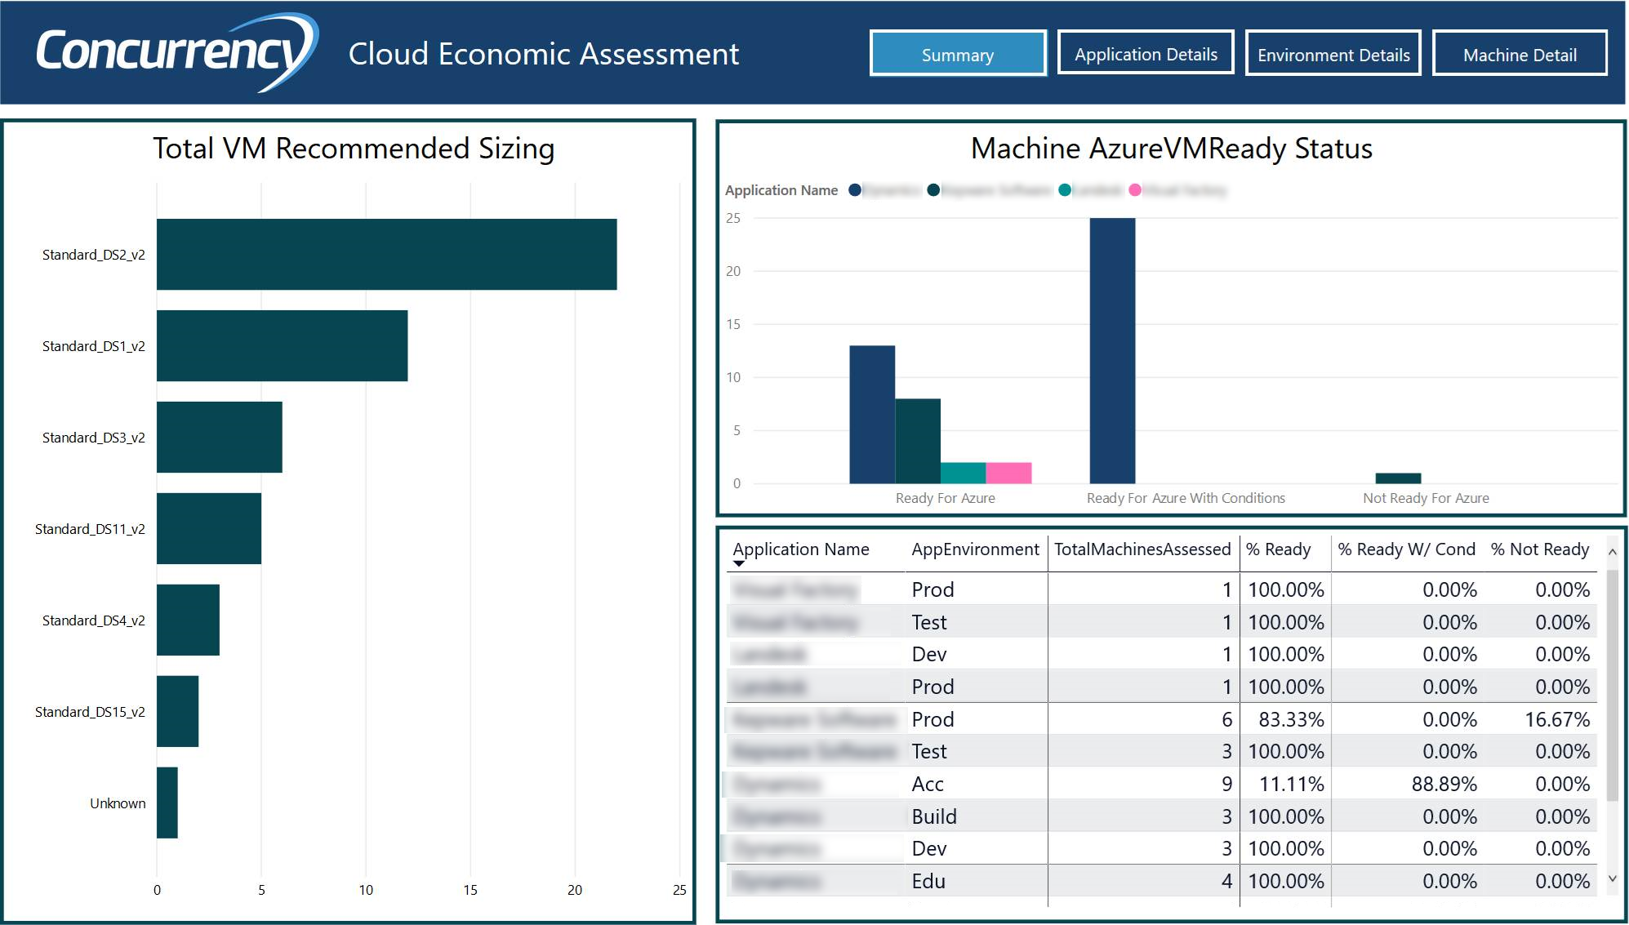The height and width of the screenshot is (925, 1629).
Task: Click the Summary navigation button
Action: (957, 54)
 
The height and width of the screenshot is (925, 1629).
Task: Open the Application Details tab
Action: (1145, 54)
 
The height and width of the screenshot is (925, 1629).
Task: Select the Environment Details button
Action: (1333, 54)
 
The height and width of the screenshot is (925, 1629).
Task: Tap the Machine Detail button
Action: (1519, 54)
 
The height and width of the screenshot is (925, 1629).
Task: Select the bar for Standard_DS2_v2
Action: (386, 254)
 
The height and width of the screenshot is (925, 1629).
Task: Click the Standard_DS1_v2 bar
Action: (282, 345)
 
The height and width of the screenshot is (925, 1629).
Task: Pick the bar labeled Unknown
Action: (167, 803)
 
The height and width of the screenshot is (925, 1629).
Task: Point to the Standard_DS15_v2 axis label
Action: (90, 712)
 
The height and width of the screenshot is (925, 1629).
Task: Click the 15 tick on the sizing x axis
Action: (470, 890)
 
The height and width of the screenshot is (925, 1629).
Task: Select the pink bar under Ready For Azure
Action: (1008, 473)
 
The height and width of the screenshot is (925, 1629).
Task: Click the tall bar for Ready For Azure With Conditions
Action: (1112, 351)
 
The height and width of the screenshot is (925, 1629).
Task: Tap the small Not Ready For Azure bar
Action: (1398, 478)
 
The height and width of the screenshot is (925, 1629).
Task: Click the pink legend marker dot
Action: (1135, 190)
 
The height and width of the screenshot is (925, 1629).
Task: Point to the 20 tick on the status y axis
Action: (733, 271)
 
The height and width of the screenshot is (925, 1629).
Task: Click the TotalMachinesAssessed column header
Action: (1142, 549)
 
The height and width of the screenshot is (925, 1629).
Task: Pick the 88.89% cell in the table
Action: (1444, 784)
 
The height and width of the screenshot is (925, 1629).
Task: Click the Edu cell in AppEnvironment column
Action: (928, 881)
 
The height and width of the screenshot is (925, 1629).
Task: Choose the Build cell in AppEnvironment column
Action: (933, 816)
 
